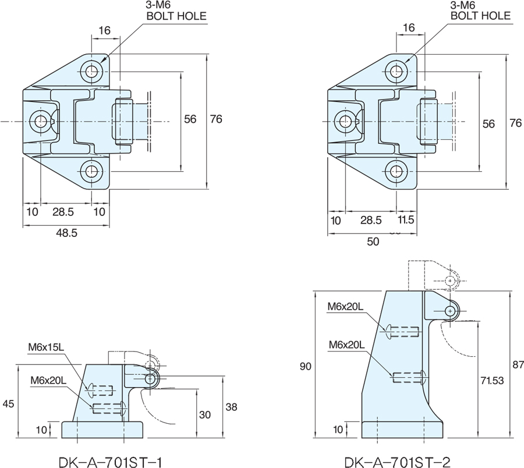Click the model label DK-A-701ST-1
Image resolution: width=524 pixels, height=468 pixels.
111,462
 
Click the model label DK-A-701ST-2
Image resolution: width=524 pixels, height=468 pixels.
397,462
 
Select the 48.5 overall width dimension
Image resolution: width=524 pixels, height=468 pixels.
66,233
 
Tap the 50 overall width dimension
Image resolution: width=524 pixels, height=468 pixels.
373,242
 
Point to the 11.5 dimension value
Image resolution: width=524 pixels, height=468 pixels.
406,220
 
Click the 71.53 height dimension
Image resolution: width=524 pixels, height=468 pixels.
492,381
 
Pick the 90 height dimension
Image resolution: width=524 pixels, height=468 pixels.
306,367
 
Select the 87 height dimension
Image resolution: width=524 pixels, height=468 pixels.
518,364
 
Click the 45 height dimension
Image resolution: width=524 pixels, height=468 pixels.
8,403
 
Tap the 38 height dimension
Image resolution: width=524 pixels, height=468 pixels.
231,407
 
